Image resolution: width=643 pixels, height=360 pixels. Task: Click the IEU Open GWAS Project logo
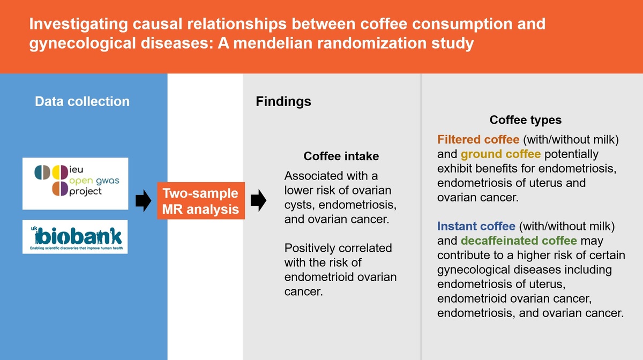point(76,183)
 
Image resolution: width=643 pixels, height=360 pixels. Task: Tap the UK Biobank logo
point(75,237)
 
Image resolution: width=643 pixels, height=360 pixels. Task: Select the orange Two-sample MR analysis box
point(201,201)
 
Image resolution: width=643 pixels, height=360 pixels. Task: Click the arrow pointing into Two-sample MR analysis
point(143,201)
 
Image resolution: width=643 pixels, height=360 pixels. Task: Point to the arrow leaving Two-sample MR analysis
point(258,200)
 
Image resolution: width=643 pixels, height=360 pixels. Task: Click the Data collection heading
point(82,101)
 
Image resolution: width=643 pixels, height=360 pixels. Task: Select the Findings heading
point(283,101)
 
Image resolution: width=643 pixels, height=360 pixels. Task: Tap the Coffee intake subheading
point(341,156)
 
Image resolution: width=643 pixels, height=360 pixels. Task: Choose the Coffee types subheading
point(526,120)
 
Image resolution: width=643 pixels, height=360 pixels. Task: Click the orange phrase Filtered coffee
point(478,139)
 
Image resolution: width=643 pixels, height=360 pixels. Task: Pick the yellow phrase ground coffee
point(500,154)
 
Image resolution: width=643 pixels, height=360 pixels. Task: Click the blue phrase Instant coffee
point(476,226)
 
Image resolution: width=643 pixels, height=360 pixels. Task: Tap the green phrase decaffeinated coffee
point(519,241)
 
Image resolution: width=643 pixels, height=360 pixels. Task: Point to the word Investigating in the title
point(78,24)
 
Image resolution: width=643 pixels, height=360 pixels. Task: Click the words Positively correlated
point(338,248)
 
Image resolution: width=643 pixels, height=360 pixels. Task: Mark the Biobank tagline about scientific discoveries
point(76,248)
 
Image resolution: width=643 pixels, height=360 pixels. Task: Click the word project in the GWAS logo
point(85,191)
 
